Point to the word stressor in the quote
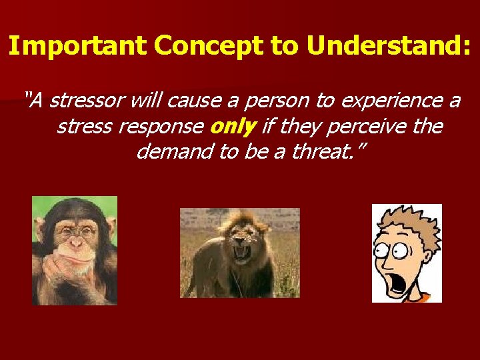point(88,101)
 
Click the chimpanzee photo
point(75,250)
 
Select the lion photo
point(240,253)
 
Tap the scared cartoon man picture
point(407,253)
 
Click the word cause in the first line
point(185,101)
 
